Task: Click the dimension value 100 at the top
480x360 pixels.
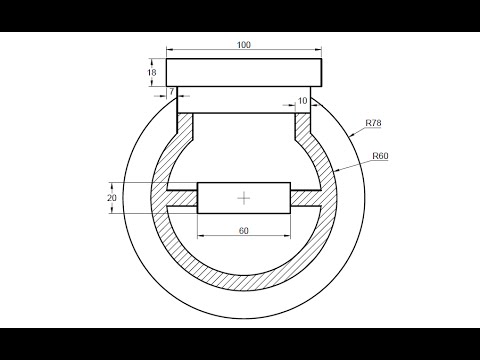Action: pyautogui.click(x=244, y=45)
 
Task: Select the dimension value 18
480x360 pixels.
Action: pyautogui.click(x=152, y=72)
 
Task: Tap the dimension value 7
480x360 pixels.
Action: pyautogui.click(x=172, y=91)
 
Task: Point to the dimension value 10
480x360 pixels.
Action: pyautogui.click(x=302, y=101)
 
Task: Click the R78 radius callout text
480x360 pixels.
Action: pyautogui.click(x=373, y=123)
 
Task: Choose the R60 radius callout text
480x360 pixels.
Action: pyautogui.click(x=380, y=156)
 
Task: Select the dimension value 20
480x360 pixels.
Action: pyautogui.click(x=112, y=198)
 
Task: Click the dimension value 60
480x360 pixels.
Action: pyautogui.click(x=244, y=231)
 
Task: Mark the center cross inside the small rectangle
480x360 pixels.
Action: pyautogui.click(x=244, y=198)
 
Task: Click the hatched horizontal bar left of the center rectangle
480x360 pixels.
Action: pyautogui.click(x=182, y=198)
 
